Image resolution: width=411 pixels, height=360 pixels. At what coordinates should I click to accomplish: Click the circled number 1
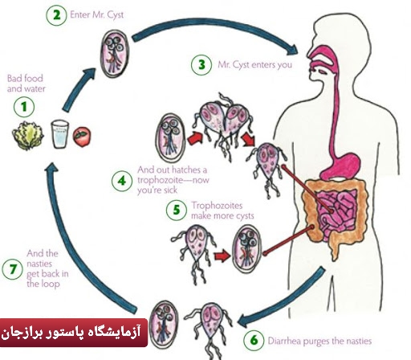point(24,107)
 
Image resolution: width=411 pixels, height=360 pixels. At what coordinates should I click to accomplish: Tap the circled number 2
point(56,15)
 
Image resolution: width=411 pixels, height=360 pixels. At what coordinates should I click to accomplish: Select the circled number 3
point(201,64)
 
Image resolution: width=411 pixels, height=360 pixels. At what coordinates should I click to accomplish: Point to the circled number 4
point(122,181)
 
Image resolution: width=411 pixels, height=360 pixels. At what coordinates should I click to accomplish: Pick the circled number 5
point(177,210)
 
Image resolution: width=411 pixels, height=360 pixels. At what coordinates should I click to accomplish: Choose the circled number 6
point(254,340)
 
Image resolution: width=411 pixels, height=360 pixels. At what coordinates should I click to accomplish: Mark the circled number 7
point(12,269)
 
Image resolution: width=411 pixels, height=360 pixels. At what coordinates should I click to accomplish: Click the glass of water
point(60,134)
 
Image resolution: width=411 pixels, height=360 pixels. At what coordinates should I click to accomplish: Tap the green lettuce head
point(28,136)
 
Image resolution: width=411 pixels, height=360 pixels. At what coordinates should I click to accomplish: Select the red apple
point(82,137)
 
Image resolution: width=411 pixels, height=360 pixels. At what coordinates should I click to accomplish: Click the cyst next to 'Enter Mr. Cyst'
point(115,54)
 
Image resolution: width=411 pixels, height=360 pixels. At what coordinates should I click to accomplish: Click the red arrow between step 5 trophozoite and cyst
point(222,256)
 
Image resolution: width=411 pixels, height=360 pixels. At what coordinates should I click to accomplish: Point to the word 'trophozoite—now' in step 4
point(173,180)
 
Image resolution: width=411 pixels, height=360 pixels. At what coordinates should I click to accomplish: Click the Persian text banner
point(74,333)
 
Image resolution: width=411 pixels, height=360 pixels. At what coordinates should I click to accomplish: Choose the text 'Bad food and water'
point(26,84)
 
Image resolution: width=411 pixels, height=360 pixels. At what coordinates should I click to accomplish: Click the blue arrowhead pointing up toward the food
point(51,168)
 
